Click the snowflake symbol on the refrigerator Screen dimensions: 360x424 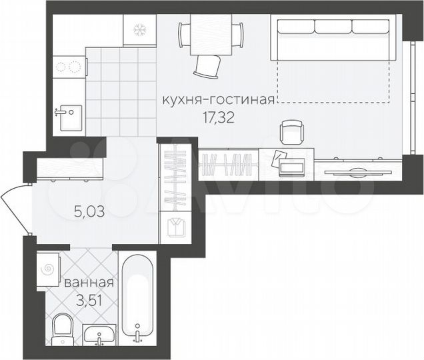pos(140,31)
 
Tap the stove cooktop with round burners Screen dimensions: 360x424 pos(69,67)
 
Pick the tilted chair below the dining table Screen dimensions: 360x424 pos(207,65)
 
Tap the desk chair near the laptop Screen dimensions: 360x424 pos(291,132)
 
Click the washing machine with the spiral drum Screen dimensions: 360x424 pos(49,269)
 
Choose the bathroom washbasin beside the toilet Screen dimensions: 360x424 pos(100,335)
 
